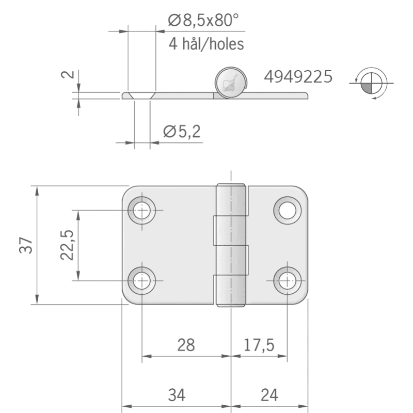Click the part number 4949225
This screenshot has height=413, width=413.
click(x=298, y=76)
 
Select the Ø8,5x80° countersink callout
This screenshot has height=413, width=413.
click(x=203, y=20)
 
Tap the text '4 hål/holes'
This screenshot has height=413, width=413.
click(x=206, y=44)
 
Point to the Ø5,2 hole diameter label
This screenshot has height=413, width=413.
click(x=182, y=131)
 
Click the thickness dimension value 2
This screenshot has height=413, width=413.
click(x=68, y=74)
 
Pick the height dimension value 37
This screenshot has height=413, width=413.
click(x=26, y=245)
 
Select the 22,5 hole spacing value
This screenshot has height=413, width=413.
click(x=67, y=245)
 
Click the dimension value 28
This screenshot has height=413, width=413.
click(x=186, y=345)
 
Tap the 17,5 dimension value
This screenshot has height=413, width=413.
click(x=259, y=345)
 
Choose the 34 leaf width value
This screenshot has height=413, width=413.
click(x=177, y=395)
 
